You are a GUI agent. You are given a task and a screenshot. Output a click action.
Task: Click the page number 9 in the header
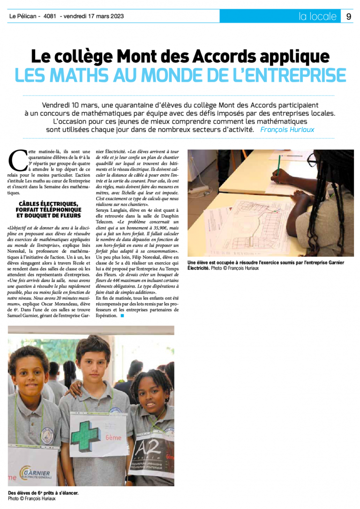pyautogui.click(x=349, y=16)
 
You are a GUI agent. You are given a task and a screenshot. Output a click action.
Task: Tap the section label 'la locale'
pyautogui.click(x=317, y=16)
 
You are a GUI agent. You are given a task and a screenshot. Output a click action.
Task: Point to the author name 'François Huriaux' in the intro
pyautogui.click(x=287, y=129)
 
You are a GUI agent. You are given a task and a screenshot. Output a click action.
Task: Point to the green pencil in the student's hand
pyautogui.click(x=278, y=162)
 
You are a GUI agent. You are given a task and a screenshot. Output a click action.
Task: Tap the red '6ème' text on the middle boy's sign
pyautogui.click(x=112, y=437)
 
